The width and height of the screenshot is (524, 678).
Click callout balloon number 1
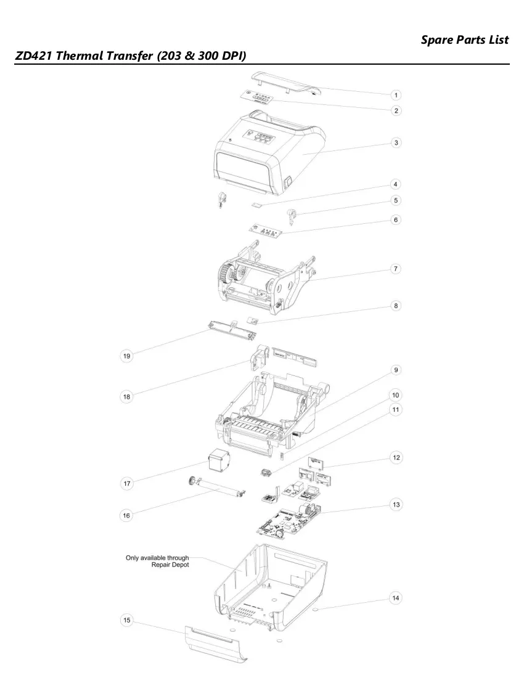(395, 95)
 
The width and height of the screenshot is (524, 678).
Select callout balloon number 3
(396, 143)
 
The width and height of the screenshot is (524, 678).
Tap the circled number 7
(395, 269)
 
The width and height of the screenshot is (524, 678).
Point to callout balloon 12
(396, 457)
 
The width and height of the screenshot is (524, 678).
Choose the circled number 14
(396, 598)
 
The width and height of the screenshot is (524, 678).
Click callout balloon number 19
(126, 356)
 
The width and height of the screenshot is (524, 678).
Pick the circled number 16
(126, 515)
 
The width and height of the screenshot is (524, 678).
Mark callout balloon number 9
(396, 370)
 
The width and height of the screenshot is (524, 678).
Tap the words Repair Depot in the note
(170, 565)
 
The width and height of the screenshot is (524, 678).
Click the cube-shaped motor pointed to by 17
(219, 462)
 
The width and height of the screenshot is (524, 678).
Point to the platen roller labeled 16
(218, 488)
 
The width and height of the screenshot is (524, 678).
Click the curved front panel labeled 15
(215, 643)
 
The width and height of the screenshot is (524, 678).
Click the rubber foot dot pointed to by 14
(315, 609)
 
